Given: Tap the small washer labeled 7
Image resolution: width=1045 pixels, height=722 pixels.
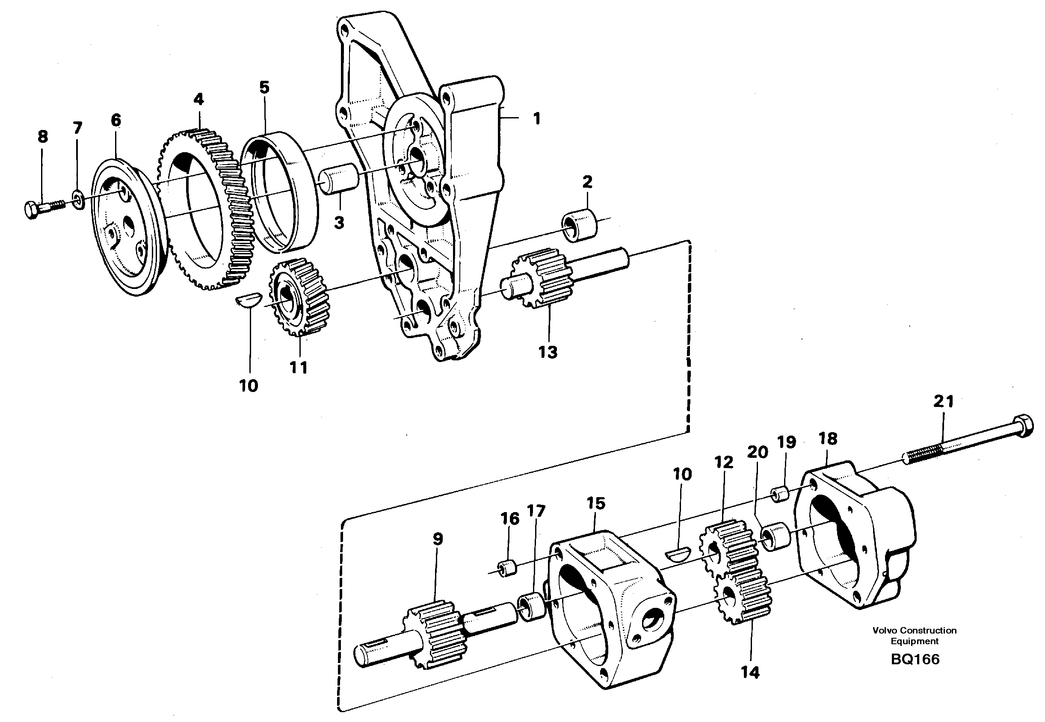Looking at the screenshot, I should tap(78, 200).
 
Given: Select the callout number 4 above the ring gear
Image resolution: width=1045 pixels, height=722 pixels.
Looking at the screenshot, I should tap(198, 99).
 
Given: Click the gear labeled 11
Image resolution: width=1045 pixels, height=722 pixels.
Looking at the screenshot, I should tap(299, 297).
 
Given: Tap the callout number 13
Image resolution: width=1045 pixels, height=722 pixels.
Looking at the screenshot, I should tap(548, 351).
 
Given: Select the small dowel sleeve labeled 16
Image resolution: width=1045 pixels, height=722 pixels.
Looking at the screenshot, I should tap(508, 568).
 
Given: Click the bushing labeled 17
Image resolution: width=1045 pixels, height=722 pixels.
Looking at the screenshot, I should tap(533, 607).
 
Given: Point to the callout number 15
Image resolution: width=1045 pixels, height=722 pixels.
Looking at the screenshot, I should tap(595, 503).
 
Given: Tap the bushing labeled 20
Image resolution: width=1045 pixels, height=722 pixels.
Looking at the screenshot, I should tap(775, 536).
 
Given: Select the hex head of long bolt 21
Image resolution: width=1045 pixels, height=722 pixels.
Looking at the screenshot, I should tap(1022, 427).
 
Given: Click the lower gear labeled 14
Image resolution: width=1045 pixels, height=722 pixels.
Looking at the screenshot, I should tap(742, 600).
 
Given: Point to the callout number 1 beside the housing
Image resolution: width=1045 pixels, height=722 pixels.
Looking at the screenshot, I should tap(536, 118).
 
